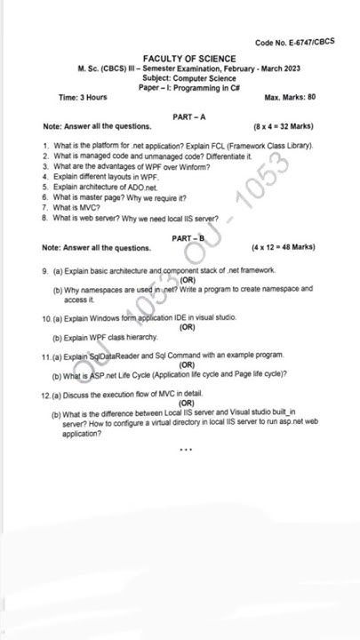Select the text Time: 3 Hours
(83, 97)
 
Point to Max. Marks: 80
(290, 97)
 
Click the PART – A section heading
(188, 117)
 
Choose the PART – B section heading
(188, 238)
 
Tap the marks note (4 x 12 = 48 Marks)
(284, 247)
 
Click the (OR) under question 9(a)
(188, 279)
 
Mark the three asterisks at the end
(185, 449)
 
